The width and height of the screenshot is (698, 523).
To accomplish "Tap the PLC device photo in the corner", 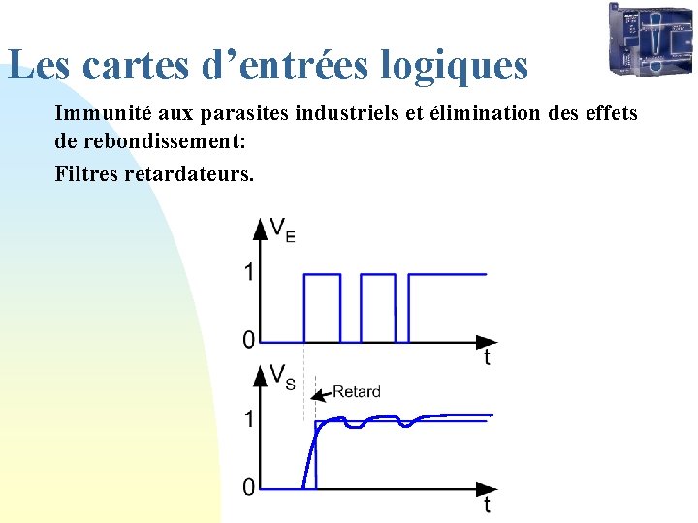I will [650, 39].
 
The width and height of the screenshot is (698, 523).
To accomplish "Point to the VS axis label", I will [282, 376].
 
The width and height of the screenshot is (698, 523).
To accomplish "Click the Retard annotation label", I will [356, 392].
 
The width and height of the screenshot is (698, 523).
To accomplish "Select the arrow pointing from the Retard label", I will [321, 394].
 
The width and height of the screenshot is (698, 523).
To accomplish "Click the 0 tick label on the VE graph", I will [248, 340].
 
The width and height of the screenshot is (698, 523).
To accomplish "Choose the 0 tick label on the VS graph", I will [248, 487].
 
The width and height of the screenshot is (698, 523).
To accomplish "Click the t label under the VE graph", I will [487, 359].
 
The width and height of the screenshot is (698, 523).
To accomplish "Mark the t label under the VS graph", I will [487, 506].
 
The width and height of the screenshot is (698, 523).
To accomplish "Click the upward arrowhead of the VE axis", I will [260, 229].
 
